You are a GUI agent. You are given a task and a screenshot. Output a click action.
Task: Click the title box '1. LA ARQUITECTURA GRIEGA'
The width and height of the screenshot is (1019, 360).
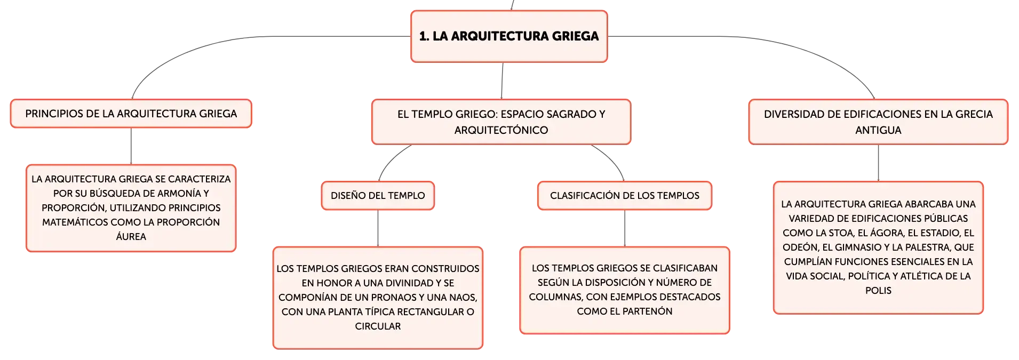(x=509, y=36)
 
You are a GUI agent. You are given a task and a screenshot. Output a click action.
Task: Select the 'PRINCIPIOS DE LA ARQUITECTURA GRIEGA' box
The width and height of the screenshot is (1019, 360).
(x=131, y=114)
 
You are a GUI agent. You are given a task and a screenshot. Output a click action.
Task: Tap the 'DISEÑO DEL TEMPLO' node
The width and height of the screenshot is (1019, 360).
(x=378, y=196)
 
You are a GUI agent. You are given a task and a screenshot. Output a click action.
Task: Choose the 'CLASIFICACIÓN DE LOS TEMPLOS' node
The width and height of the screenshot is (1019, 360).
(x=625, y=196)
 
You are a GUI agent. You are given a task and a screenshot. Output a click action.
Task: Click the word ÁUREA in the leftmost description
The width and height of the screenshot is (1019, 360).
(x=131, y=237)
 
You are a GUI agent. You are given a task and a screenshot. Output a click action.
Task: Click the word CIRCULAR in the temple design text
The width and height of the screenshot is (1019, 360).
(x=378, y=326)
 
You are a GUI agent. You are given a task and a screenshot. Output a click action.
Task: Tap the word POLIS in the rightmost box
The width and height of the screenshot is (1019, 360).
(x=878, y=291)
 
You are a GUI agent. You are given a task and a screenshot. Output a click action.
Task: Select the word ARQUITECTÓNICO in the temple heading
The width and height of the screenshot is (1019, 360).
(x=501, y=130)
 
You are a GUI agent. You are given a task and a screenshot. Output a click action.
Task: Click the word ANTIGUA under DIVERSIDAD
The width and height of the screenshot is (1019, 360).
(x=878, y=130)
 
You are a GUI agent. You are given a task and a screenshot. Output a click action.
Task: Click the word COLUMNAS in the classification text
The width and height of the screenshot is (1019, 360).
(x=555, y=297)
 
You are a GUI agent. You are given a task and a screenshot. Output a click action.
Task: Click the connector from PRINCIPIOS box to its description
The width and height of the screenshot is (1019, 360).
(x=131, y=147)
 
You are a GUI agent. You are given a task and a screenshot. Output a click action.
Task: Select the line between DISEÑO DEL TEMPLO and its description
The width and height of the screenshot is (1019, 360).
(x=378, y=229)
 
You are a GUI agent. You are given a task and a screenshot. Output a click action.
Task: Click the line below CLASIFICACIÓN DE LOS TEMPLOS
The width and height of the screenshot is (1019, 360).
(x=625, y=229)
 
